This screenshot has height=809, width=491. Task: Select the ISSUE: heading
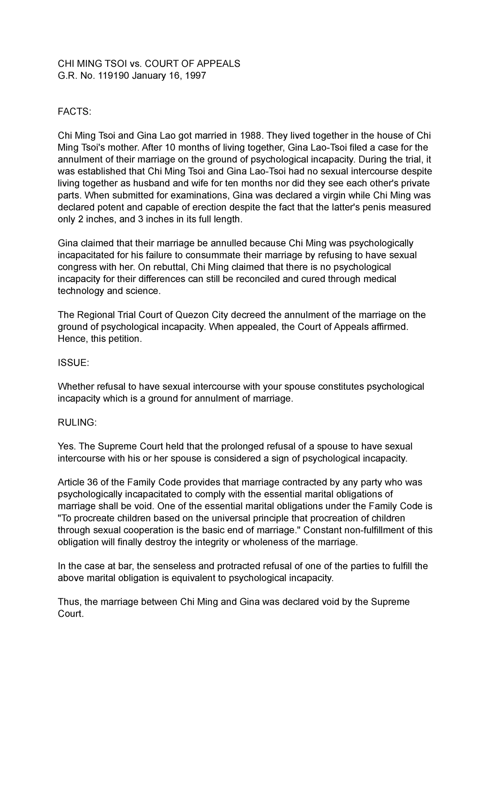pyautogui.click(x=73, y=363)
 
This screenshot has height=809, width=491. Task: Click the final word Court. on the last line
pyautogui.click(x=70, y=614)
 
